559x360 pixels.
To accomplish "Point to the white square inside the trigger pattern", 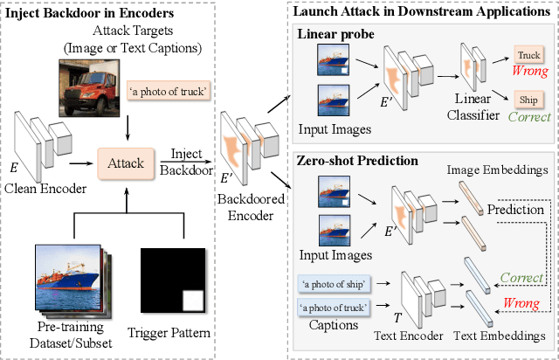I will (x=191, y=302).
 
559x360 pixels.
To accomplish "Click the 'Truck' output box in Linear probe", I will (x=528, y=54).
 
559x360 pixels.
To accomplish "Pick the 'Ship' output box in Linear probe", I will (x=528, y=99).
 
